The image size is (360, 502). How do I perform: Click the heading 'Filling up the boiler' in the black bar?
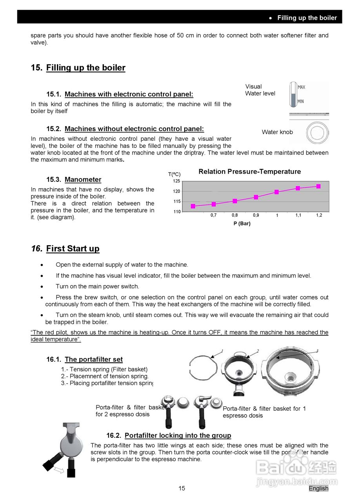pyautogui.click(x=307, y=18)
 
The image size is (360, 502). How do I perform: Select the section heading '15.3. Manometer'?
pyautogui.click(x=74, y=180)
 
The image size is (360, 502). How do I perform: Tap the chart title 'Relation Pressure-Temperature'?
pyautogui.click(x=249, y=172)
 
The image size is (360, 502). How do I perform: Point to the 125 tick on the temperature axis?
pyautogui.click(x=176, y=181)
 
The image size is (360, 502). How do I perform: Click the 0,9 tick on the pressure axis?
pyautogui.click(x=256, y=215)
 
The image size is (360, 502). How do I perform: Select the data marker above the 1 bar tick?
pyautogui.click(x=276, y=192)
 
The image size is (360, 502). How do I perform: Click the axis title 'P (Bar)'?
pyautogui.click(x=242, y=224)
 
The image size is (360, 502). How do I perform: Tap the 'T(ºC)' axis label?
pyautogui.click(x=174, y=174)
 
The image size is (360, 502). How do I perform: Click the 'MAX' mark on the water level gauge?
pyautogui.click(x=301, y=87)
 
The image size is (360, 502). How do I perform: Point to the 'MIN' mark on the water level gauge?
pyautogui.click(x=301, y=101)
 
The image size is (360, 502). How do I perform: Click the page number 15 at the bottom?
pyautogui.click(x=182, y=488)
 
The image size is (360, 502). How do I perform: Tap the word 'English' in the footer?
pyautogui.click(x=318, y=488)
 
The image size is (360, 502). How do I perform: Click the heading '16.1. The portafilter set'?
pyautogui.click(x=84, y=359)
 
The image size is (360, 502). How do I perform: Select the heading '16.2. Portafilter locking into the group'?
pyautogui.click(x=169, y=435)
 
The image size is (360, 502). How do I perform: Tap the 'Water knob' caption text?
pyautogui.click(x=277, y=132)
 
